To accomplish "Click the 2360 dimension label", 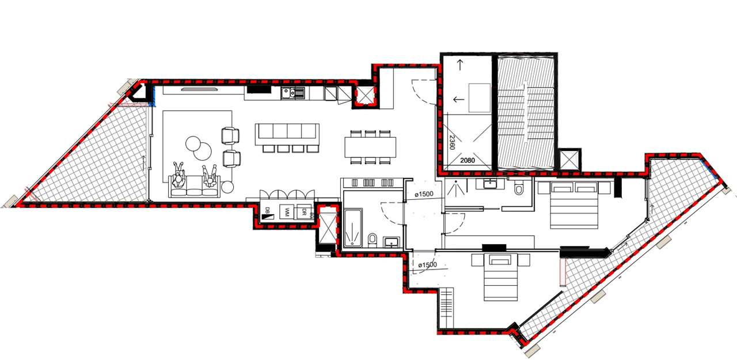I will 451,142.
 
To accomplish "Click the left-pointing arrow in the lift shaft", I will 458,100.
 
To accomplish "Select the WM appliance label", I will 284,213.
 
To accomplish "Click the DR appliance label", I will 302,213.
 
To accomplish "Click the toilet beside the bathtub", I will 373,239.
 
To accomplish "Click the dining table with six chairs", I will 371,146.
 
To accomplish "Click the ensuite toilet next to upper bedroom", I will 519,188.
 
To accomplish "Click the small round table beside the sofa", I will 227,187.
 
